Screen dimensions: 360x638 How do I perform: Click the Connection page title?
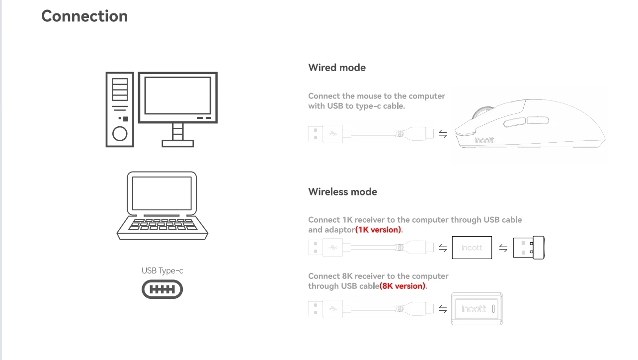tap(84, 16)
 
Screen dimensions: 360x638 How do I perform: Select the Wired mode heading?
tap(337, 68)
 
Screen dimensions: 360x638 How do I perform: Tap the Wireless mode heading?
tap(342, 192)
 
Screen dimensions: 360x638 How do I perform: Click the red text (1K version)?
tap(379, 230)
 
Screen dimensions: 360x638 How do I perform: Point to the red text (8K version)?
tap(403, 286)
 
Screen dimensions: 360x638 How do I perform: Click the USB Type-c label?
tap(162, 270)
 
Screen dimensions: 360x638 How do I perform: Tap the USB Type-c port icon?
tap(162, 289)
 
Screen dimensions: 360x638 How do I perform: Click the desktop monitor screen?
tap(177, 95)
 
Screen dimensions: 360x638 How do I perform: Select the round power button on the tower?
tap(120, 134)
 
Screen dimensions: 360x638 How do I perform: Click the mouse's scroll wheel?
tap(479, 113)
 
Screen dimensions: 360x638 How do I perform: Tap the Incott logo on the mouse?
tap(484, 141)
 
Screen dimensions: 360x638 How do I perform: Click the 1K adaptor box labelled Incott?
tap(472, 248)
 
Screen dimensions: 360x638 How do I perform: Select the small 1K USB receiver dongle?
tap(528, 248)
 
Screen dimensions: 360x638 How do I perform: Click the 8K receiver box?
tap(477, 309)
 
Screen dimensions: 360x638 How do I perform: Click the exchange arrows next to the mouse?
tap(443, 134)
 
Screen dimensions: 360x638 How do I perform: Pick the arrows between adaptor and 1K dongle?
tap(503, 248)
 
